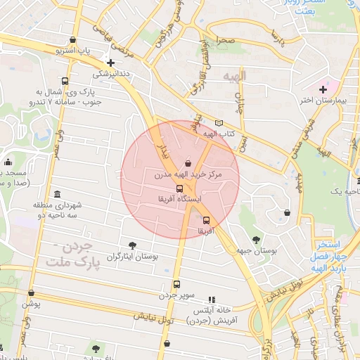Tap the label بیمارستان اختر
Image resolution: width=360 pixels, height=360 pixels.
pyautogui.click(x=326, y=101)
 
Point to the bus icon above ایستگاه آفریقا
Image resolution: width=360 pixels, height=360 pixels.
pyautogui.click(x=180, y=188)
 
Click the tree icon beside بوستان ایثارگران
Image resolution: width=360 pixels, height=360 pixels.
pyautogui.click(x=132, y=245)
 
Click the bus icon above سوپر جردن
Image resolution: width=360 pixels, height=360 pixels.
pyautogui.click(x=176, y=285)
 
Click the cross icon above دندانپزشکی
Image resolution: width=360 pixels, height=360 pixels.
pyautogui.click(x=110, y=63)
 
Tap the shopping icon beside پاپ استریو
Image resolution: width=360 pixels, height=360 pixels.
pyautogui.click(x=74, y=41)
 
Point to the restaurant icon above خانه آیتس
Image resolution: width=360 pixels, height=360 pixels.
pyautogui.click(x=212, y=299)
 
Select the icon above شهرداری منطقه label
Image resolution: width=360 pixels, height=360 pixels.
pyautogui.click(x=57, y=194)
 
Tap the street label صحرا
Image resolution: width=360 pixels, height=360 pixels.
pyautogui.click(x=225, y=41)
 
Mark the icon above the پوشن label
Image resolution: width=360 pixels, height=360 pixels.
pyautogui.click(x=31, y=292)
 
